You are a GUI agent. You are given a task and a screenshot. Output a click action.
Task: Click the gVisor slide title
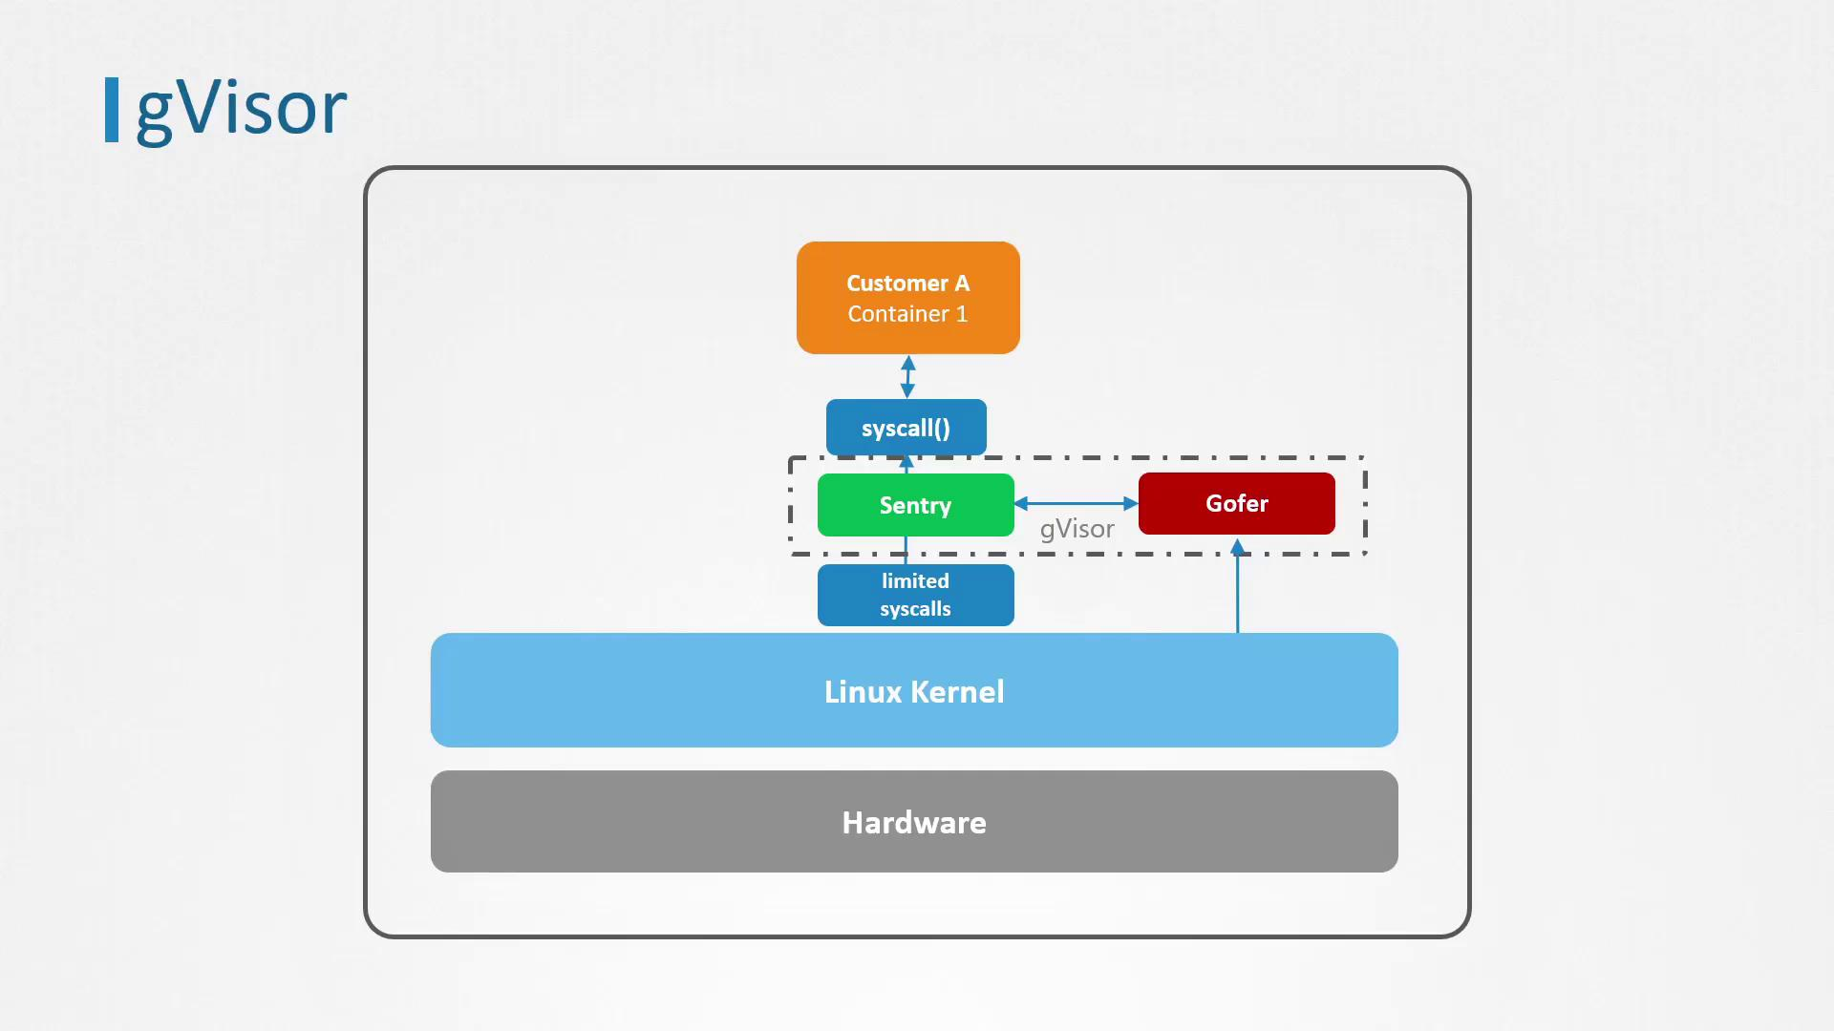[241, 109]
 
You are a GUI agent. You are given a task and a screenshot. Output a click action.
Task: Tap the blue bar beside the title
[112, 110]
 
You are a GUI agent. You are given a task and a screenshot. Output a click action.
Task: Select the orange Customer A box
[907, 298]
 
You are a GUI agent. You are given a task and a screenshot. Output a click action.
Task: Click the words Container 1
[907, 314]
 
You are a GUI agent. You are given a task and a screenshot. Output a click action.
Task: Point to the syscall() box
[906, 428]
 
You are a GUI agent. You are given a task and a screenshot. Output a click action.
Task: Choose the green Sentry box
[915, 505]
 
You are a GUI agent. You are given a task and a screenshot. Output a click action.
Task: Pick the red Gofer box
[1236, 503]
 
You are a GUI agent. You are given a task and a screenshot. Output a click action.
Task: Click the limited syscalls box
[915, 595]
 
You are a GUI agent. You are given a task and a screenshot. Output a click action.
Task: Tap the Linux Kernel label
[914, 691]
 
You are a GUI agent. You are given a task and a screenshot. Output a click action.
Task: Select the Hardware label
[914, 822]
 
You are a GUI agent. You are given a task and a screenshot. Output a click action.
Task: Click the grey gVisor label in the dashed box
[1077, 529]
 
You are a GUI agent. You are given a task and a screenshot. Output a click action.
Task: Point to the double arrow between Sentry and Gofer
[1076, 503]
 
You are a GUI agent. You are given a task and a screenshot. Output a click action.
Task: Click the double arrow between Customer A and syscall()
[907, 376]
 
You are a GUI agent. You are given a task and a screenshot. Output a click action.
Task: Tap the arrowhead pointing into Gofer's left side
[1131, 503]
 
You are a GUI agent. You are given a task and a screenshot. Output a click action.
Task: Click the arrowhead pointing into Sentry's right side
[1021, 503]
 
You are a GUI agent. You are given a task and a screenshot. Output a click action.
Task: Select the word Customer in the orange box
[897, 284]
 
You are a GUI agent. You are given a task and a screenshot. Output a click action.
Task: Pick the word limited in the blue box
[915, 580]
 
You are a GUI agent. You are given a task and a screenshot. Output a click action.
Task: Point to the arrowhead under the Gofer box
[1237, 547]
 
